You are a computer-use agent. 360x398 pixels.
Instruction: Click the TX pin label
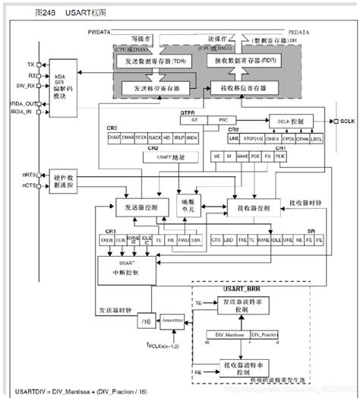pyautogui.click(x=30, y=65)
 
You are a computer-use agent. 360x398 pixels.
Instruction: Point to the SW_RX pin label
pyautogui.click(x=25, y=86)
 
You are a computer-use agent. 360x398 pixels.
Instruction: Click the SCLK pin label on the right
pyautogui.click(x=347, y=121)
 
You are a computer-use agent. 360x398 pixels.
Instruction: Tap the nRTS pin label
pyautogui.click(x=27, y=175)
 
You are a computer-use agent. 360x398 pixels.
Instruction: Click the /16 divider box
pyautogui.click(x=146, y=323)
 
